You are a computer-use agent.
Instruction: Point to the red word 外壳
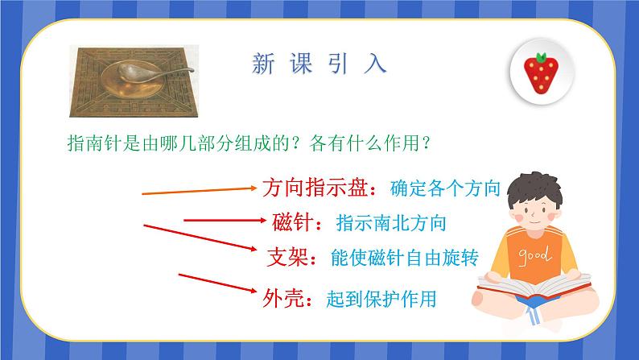point(282,299)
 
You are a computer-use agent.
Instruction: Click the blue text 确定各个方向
point(445,189)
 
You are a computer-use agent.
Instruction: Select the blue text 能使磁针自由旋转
point(405,258)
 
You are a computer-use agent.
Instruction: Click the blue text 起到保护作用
point(381,300)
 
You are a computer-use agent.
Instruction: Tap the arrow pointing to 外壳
point(218,286)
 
